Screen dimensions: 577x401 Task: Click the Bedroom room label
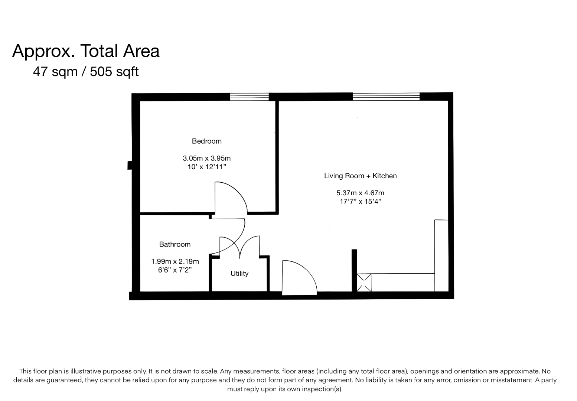(x=206, y=141)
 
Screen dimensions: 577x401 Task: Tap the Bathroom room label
(x=175, y=244)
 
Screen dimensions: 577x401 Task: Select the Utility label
(x=239, y=273)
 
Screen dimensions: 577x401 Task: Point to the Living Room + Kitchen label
(x=361, y=176)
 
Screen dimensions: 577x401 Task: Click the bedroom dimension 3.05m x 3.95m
(x=206, y=158)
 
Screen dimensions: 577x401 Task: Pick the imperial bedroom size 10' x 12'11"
(x=206, y=167)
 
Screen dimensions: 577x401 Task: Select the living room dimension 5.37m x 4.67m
(x=360, y=193)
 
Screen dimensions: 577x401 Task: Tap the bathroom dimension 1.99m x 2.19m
(x=175, y=261)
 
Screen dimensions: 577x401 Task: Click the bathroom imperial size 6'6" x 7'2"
(x=175, y=270)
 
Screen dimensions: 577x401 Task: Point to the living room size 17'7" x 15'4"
(x=360, y=202)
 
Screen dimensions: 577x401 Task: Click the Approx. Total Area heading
(x=86, y=51)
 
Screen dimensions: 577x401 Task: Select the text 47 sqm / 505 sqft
(x=86, y=72)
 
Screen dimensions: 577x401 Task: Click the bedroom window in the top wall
(x=250, y=97)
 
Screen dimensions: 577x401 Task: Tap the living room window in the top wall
(x=386, y=97)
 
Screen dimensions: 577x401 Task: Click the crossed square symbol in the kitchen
(x=364, y=283)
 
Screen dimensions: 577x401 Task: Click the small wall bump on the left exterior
(x=130, y=165)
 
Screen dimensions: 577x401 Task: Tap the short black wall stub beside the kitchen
(x=354, y=270)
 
